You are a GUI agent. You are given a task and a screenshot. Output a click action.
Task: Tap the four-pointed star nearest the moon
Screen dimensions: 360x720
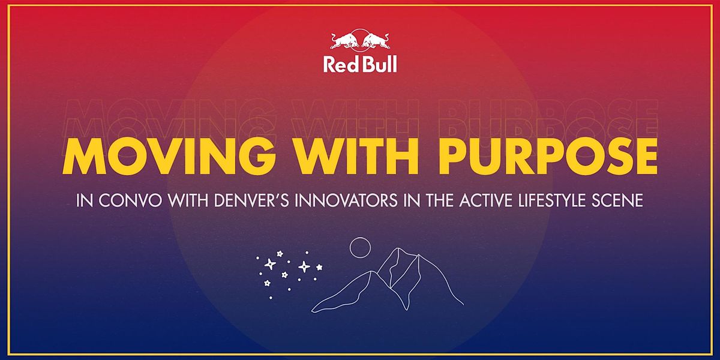tap(305, 266)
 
